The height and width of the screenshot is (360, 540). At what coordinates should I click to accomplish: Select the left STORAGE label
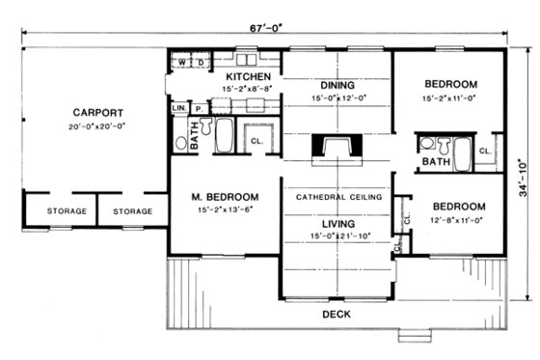pos(67,210)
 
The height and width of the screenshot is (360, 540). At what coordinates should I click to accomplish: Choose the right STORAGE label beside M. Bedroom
pos(132,210)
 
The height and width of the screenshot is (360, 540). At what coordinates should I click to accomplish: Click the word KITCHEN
pos(247,75)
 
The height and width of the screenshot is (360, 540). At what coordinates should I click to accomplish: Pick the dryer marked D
pos(201,64)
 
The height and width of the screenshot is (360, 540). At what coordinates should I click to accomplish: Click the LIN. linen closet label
pos(178,109)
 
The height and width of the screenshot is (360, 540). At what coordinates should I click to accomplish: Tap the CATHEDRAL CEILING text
pos(337,196)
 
